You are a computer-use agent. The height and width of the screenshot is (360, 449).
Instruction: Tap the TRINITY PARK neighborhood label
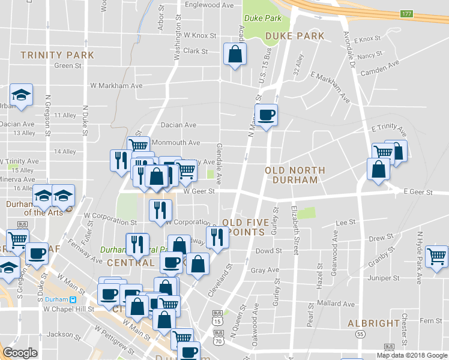click(57, 55)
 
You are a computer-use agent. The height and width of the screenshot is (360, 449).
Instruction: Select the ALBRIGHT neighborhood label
click(373, 323)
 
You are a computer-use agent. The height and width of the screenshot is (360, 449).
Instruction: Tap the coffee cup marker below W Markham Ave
click(266, 114)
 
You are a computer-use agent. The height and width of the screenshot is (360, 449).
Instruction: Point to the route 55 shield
click(360, 334)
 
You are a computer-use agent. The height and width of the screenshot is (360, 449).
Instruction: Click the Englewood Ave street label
click(209, 5)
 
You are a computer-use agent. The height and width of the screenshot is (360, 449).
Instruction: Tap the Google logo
click(20, 353)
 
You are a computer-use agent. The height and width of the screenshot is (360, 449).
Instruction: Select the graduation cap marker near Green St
click(21, 95)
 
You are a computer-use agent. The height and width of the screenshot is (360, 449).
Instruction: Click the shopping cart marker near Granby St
click(436, 257)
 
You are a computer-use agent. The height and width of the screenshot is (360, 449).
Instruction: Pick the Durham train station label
click(57, 299)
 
